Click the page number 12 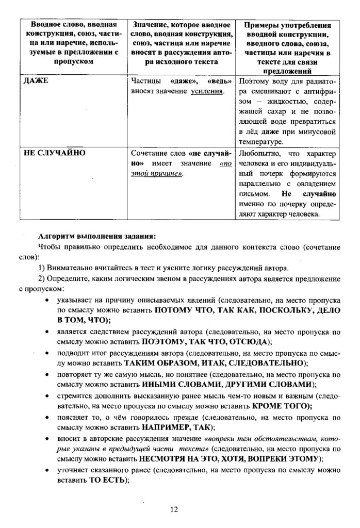tap(174, 509)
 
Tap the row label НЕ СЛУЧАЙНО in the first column tap(55, 153)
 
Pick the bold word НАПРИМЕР tap(165, 428)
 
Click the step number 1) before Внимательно tap(42, 268)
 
